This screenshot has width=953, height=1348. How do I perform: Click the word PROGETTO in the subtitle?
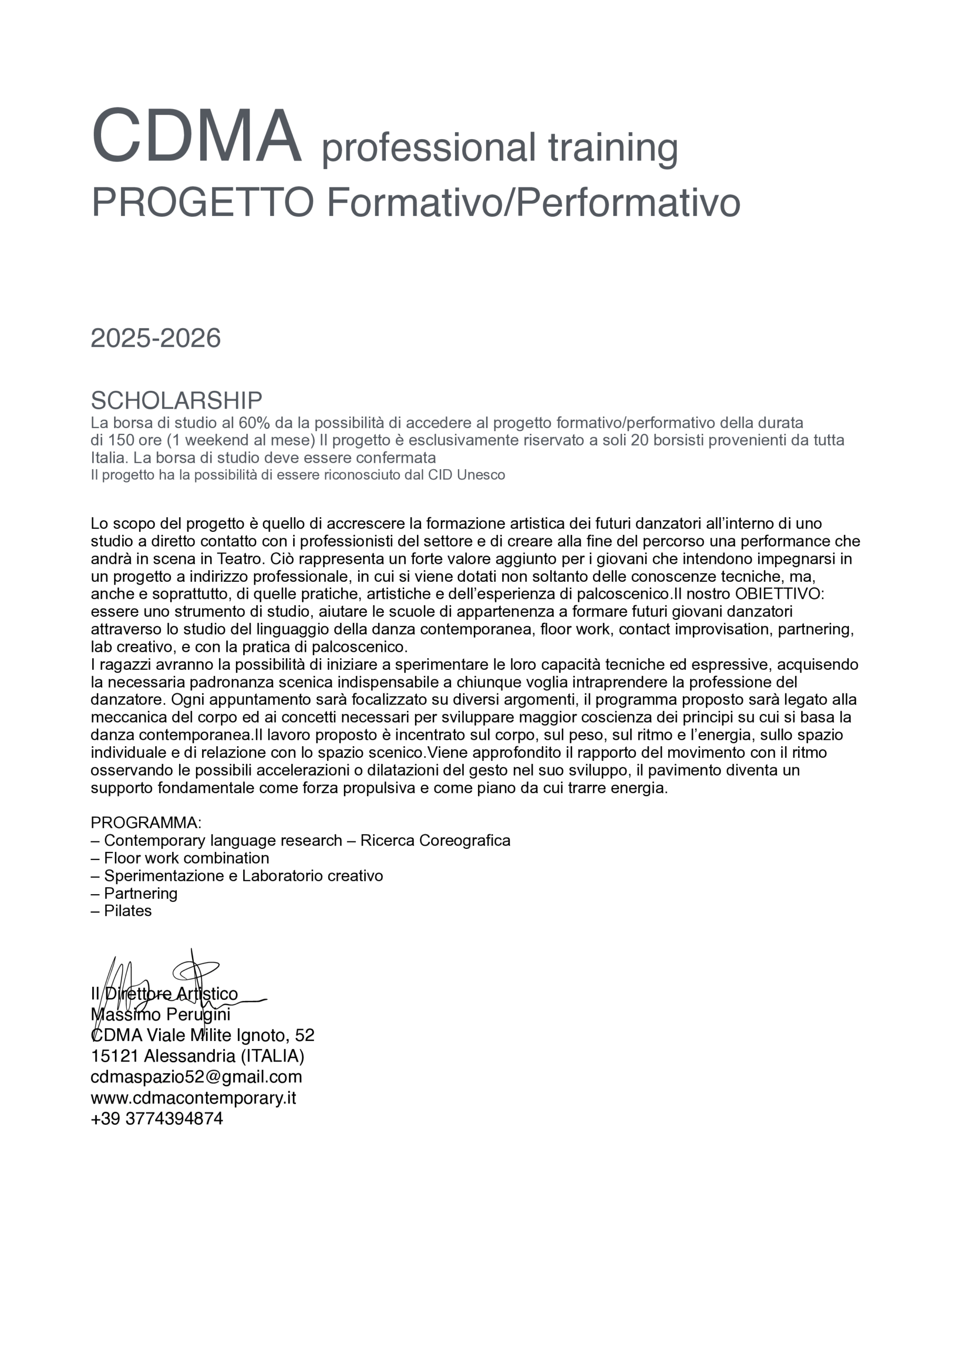202,203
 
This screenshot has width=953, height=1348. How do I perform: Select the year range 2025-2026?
156,339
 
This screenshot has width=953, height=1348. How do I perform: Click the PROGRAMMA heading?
146,822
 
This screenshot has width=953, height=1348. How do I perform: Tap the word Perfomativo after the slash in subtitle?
628,203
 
